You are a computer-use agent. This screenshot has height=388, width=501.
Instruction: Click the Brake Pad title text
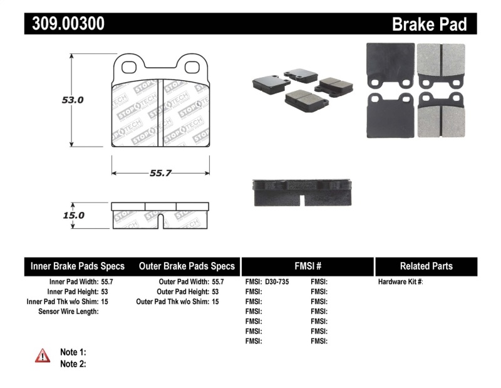[x=429, y=24]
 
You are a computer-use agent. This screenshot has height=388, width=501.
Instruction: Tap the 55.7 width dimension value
[x=160, y=173]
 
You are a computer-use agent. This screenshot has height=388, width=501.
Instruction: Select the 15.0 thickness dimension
[x=74, y=215]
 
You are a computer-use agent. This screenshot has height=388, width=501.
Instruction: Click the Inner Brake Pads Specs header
[x=78, y=266]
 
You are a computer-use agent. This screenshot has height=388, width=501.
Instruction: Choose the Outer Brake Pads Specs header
[x=186, y=266]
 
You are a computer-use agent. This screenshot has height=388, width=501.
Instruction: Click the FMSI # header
[x=307, y=266]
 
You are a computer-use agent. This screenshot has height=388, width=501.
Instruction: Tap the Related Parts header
[x=426, y=266]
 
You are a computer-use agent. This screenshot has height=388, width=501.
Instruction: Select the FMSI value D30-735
[x=277, y=282]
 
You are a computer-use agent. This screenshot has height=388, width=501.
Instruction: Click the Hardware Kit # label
[x=401, y=282]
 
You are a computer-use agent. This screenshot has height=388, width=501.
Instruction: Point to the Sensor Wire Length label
[x=68, y=312]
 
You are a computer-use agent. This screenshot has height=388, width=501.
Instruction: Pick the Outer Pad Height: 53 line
[x=188, y=292]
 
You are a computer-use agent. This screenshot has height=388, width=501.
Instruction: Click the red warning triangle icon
[x=42, y=356]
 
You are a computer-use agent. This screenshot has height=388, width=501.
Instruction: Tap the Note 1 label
[x=73, y=352]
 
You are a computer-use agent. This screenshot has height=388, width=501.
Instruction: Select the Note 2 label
[x=73, y=363]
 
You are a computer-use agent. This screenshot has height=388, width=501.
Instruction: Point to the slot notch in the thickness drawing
[x=160, y=221]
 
